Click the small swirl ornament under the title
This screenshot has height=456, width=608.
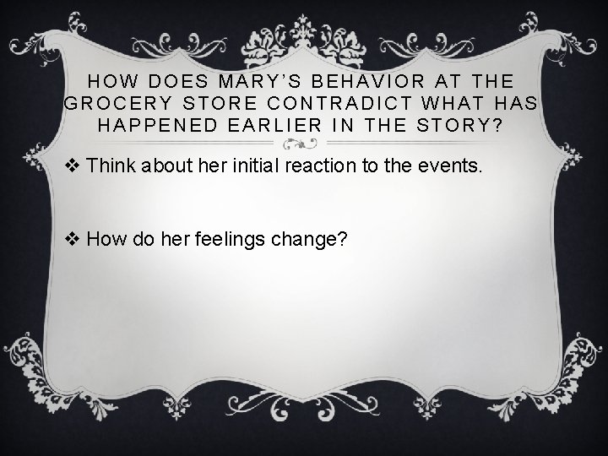click(303, 142)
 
